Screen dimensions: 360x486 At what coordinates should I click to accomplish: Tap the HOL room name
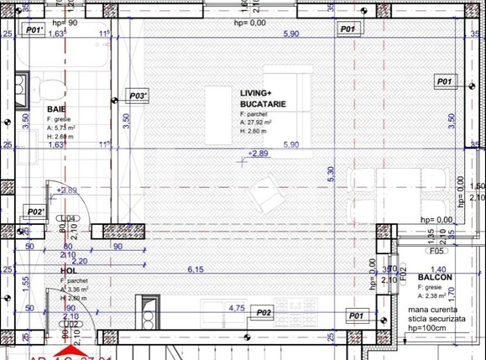[69, 271]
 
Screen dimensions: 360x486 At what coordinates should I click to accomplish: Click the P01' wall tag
[34, 29]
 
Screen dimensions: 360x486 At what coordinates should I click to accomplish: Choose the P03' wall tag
[138, 97]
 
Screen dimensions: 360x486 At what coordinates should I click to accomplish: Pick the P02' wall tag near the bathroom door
[35, 211]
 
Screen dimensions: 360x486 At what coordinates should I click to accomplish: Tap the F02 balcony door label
[403, 273]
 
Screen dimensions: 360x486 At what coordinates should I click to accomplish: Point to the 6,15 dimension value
[195, 269]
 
